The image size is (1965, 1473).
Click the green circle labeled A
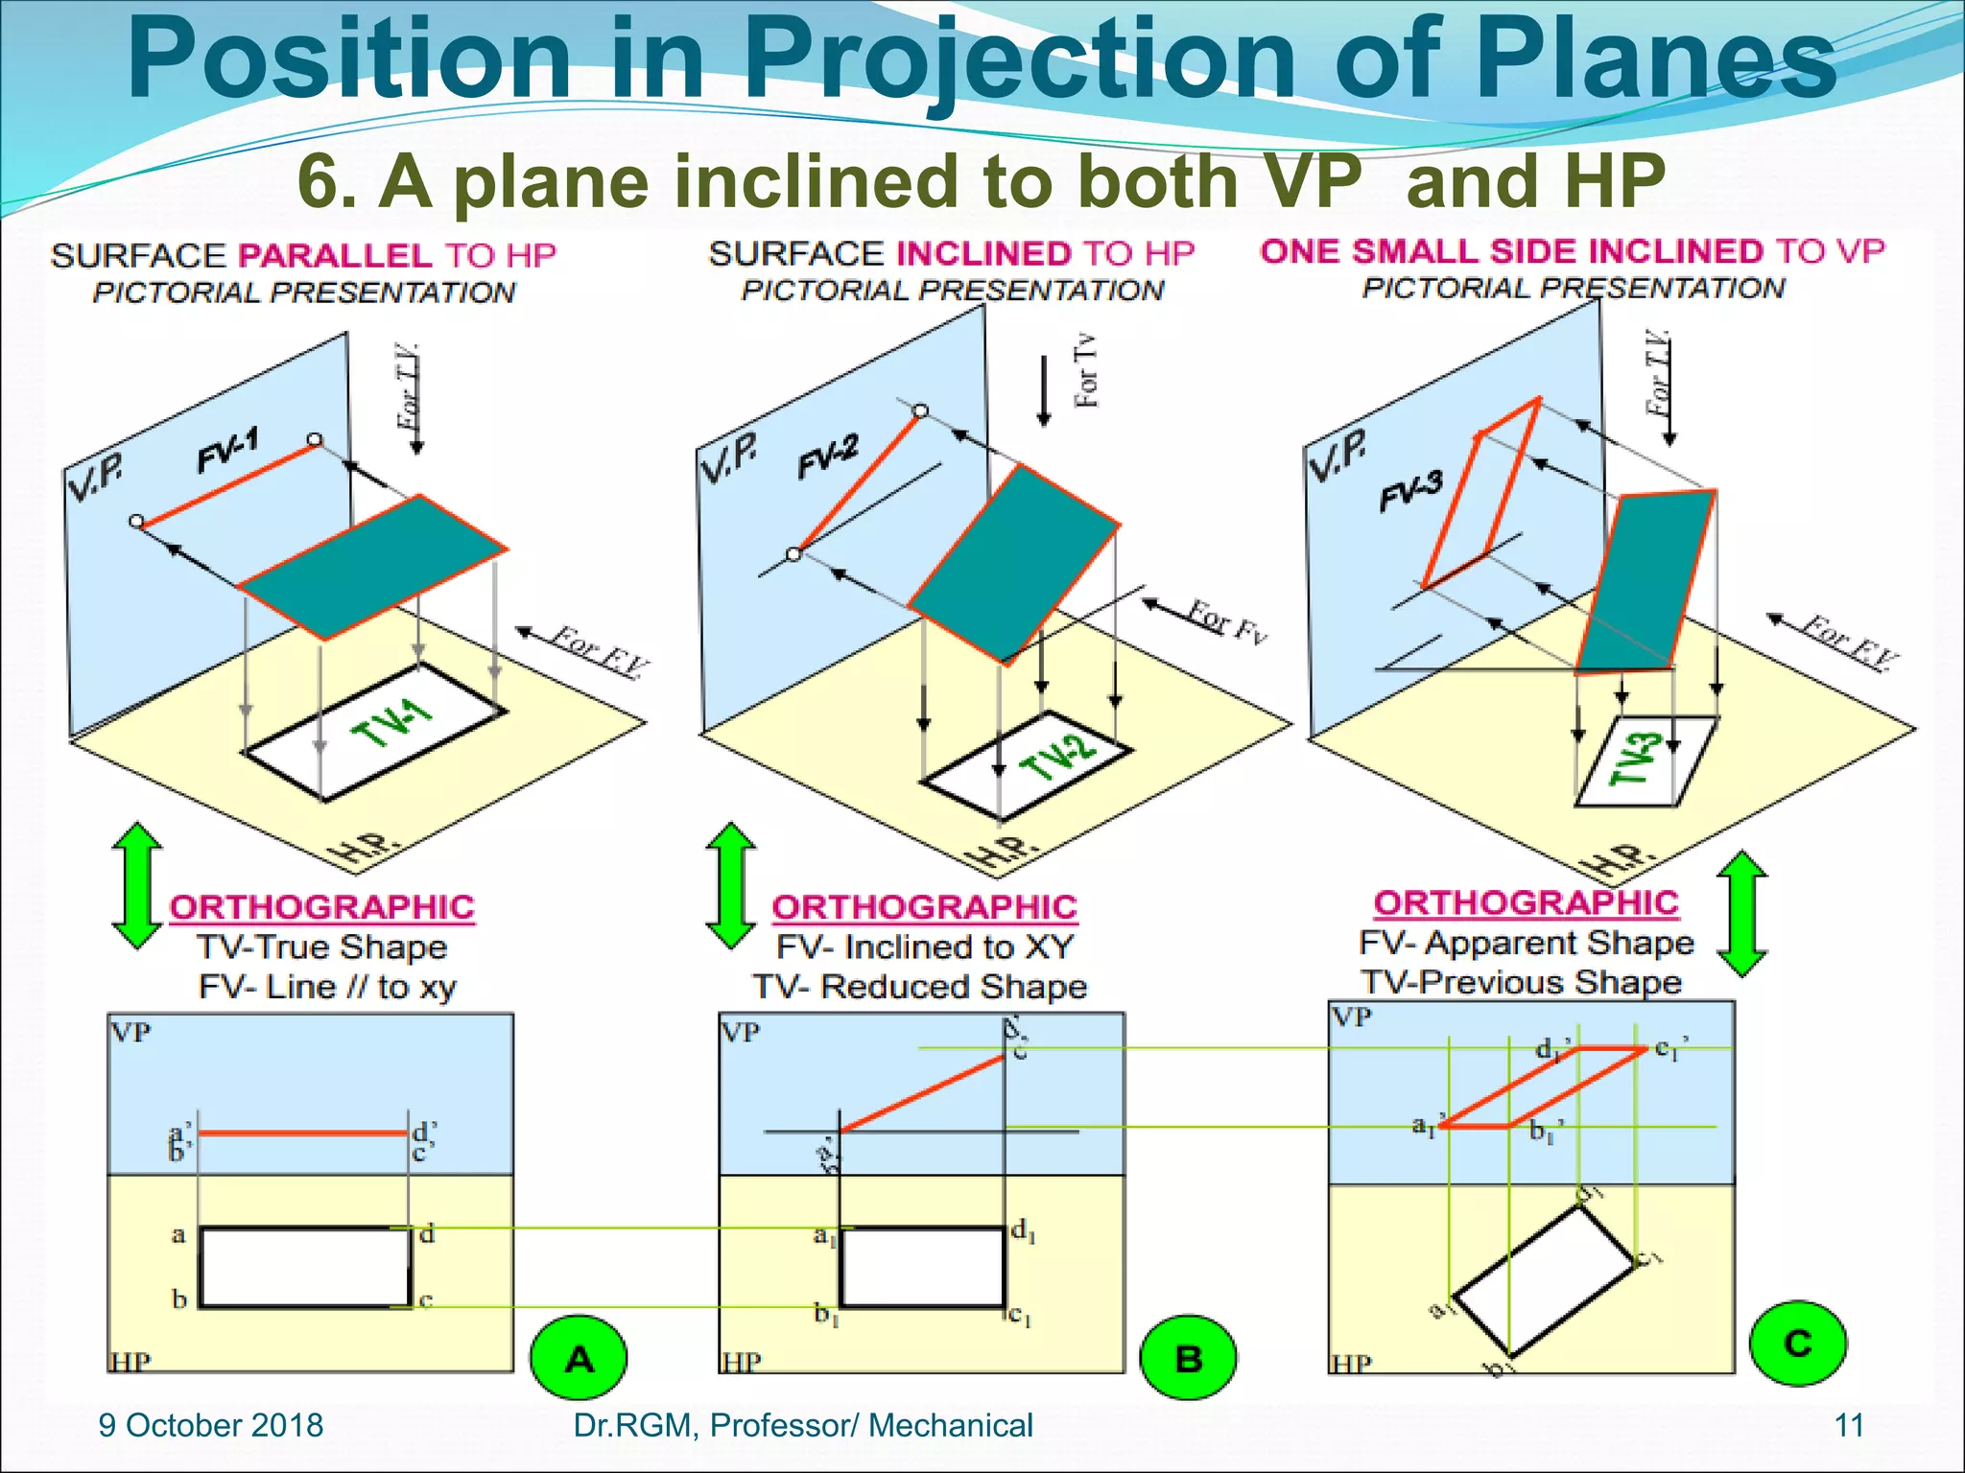coord(579,1358)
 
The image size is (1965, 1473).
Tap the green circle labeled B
coord(1188,1358)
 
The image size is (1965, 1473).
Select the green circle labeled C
coord(1798,1343)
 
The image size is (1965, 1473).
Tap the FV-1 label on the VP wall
coord(228,452)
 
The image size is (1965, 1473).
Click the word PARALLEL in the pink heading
coord(335,255)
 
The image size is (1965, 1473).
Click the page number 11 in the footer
coord(1848,1425)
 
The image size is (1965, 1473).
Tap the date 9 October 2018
coord(211,1425)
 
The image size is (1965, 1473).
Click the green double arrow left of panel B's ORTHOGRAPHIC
coord(730,884)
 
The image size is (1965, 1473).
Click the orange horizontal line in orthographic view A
coord(302,1134)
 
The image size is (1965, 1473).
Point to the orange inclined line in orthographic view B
coord(921,1093)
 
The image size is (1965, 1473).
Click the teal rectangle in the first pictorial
coord(372,568)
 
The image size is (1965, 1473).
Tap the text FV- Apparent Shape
coord(1526,943)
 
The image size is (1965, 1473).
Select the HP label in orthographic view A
coord(130,1362)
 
